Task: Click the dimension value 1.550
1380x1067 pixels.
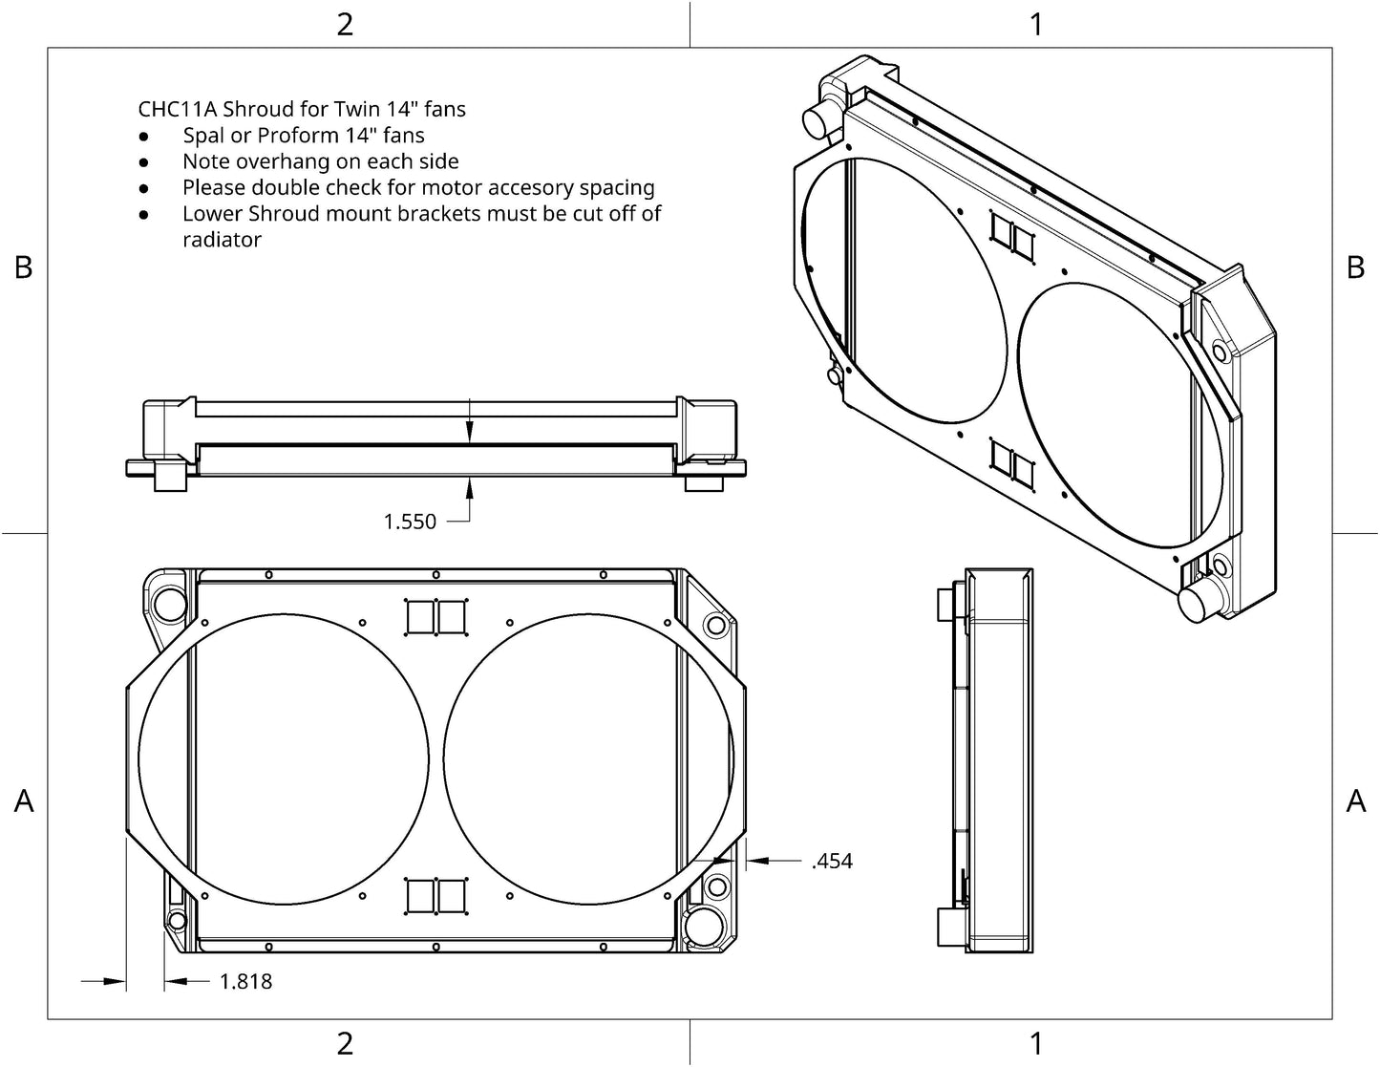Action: [x=410, y=522]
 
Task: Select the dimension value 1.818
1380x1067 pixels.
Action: [x=245, y=981]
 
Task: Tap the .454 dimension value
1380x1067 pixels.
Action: [x=832, y=861]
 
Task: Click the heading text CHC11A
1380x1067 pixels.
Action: [x=178, y=109]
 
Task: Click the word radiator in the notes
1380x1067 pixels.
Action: [x=222, y=240]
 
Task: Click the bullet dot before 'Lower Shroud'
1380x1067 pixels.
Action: [x=144, y=215]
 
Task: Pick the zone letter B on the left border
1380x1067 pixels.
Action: [x=24, y=267]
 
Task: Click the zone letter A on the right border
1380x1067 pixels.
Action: [x=1356, y=800]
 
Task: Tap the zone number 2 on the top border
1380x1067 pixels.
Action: [x=345, y=25]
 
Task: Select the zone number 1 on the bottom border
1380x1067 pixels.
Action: [x=1036, y=1043]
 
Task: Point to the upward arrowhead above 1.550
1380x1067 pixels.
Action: [x=469, y=489]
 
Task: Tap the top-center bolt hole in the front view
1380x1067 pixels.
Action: [x=435, y=575]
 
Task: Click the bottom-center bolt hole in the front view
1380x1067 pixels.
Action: [x=435, y=948]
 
